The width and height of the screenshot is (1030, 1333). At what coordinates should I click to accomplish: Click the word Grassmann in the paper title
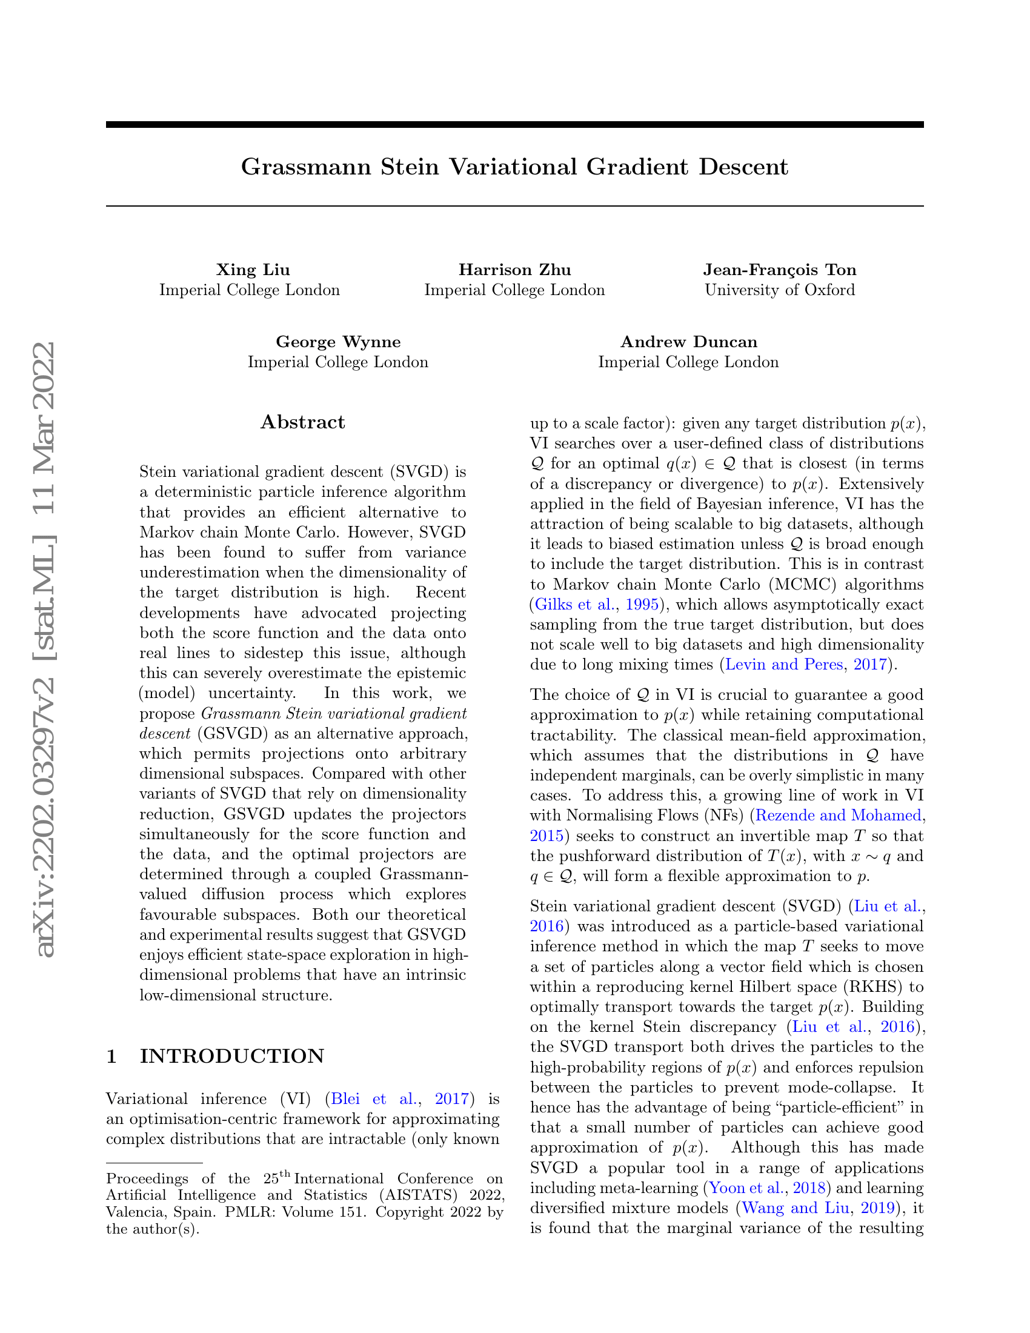[x=306, y=167]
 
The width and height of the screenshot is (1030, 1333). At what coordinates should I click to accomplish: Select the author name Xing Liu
[x=253, y=270]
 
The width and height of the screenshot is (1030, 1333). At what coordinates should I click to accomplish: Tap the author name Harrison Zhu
[x=514, y=270]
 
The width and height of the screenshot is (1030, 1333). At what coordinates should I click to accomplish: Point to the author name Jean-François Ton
[x=779, y=270]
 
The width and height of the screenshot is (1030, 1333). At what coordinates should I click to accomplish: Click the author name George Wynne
[x=338, y=342]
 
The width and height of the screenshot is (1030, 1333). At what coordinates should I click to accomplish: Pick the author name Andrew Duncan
[x=688, y=342]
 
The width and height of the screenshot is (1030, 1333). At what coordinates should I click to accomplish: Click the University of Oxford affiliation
[x=779, y=290]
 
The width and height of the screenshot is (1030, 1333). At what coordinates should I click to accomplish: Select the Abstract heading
[x=303, y=422]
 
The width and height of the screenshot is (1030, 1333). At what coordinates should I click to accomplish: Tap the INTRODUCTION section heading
[x=232, y=1056]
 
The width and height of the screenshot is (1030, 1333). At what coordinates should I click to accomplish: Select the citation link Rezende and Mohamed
[x=838, y=816]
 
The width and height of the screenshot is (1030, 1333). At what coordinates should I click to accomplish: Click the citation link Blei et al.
[x=372, y=1099]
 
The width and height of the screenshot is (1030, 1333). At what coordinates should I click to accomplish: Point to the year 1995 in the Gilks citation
[x=642, y=605]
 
